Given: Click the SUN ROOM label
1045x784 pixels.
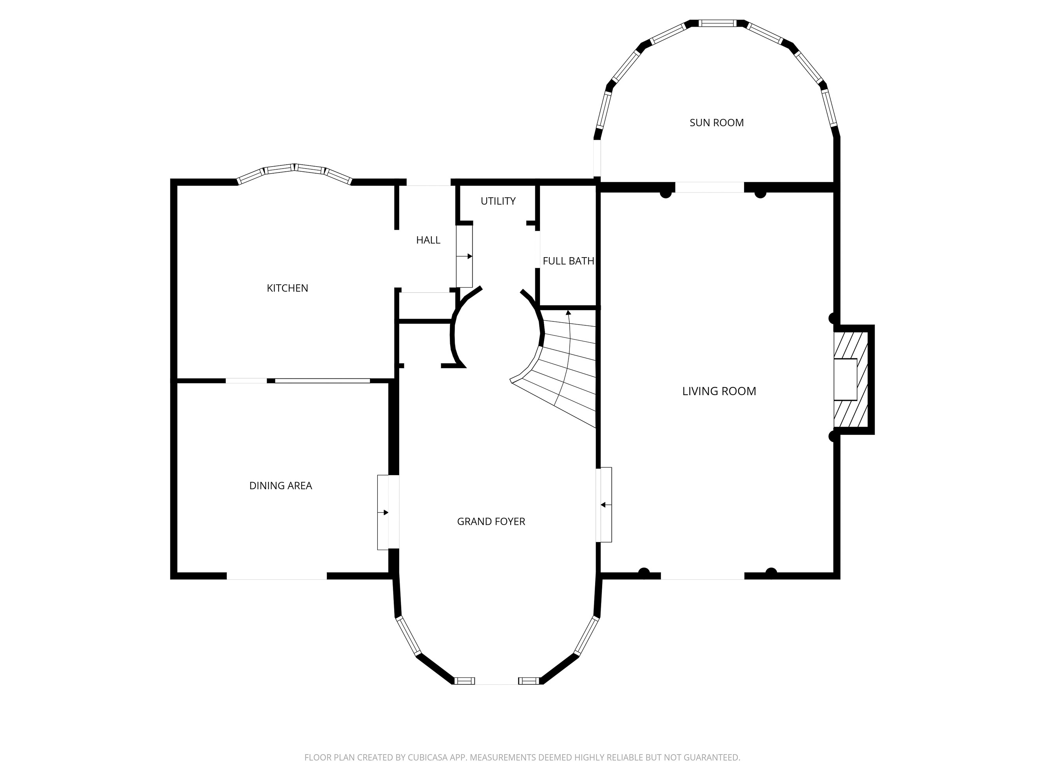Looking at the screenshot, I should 716,123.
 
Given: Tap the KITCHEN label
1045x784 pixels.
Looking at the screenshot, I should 287,288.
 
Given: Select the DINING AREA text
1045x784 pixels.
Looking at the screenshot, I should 281,486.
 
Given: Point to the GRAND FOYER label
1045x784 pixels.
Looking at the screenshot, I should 491,522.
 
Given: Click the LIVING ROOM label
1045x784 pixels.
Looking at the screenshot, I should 719,391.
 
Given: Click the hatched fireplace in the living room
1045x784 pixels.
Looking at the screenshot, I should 851,379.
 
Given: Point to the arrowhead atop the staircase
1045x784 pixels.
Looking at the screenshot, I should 568,313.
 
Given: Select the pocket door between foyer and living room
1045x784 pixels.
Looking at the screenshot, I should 604,505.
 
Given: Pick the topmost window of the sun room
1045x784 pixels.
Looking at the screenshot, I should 717,23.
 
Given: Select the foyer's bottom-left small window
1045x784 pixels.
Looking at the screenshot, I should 464,681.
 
